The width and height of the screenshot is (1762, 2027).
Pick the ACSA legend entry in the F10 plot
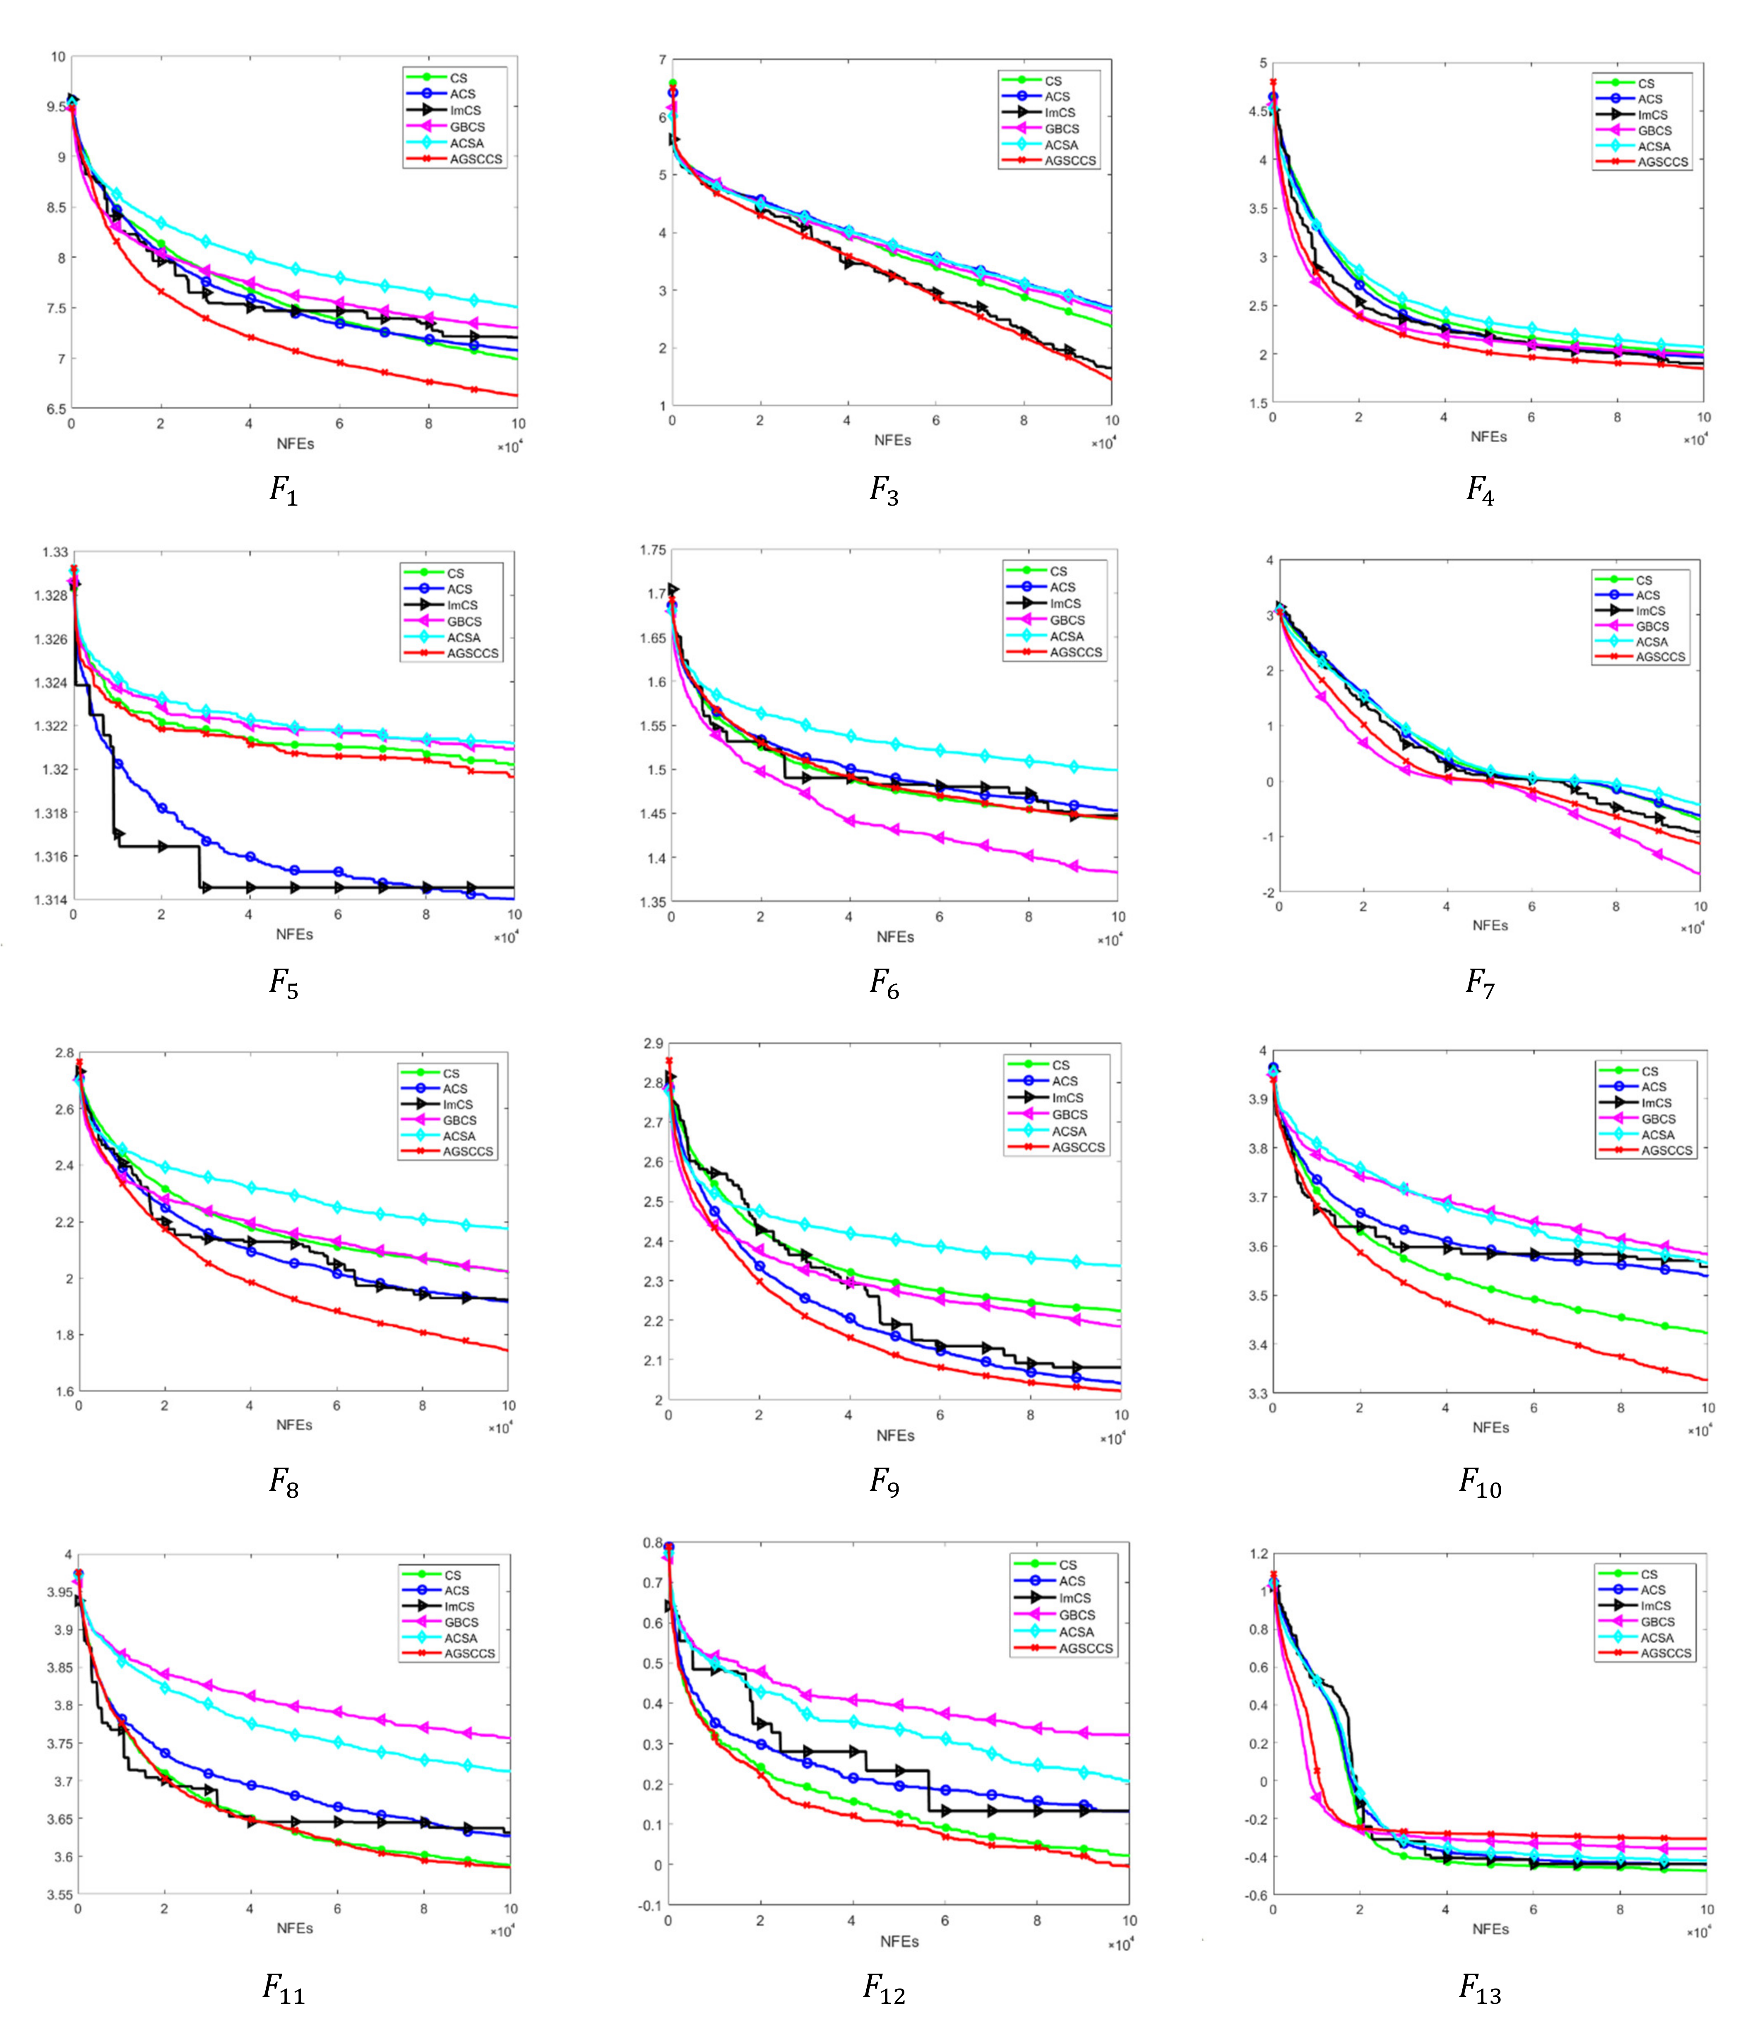[x=1658, y=1134]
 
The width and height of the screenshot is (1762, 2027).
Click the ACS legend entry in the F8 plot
[x=454, y=1089]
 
